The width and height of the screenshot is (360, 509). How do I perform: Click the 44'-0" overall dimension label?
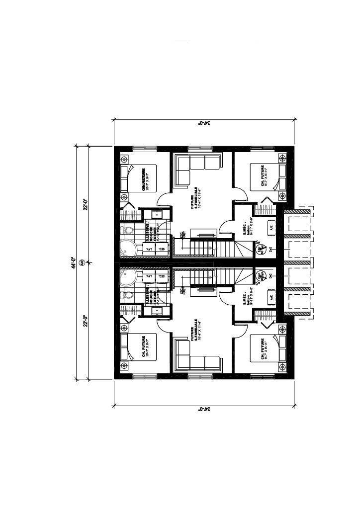tap(73, 263)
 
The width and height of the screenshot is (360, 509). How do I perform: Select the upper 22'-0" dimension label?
tap(86, 204)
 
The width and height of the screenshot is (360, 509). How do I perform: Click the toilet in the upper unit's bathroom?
tap(128, 231)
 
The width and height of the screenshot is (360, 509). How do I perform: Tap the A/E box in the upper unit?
tap(271, 227)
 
